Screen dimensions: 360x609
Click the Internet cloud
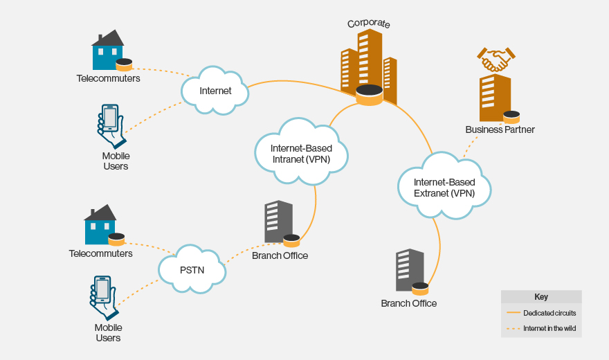pyautogui.click(x=215, y=91)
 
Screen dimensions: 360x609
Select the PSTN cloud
pyautogui.click(x=192, y=268)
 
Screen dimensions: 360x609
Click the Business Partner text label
pyautogui.click(x=500, y=129)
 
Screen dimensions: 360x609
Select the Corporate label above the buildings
pyautogui.click(x=368, y=24)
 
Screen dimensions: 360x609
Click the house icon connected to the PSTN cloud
pyautogui.click(x=100, y=223)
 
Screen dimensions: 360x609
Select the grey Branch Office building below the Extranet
pyautogui.click(x=409, y=270)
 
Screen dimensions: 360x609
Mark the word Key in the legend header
pyautogui.click(x=541, y=296)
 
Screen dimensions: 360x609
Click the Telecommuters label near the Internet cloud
pyautogui.click(x=108, y=78)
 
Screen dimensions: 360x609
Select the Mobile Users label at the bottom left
pyautogui.click(x=108, y=332)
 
